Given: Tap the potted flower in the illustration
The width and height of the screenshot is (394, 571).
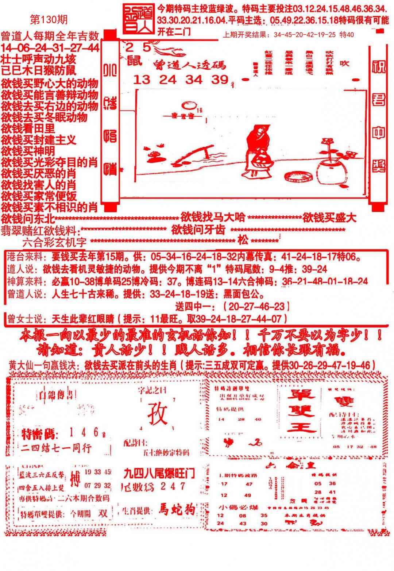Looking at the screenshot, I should (x=330, y=164).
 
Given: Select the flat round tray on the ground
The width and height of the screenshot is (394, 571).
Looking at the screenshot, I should (x=298, y=176).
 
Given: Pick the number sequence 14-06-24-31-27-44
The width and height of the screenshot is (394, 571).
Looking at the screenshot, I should (x=50, y=47).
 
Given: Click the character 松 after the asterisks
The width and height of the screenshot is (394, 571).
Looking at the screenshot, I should (x=243, y=240).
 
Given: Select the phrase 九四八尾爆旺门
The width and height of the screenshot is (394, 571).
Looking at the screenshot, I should (x=159, y=474).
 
